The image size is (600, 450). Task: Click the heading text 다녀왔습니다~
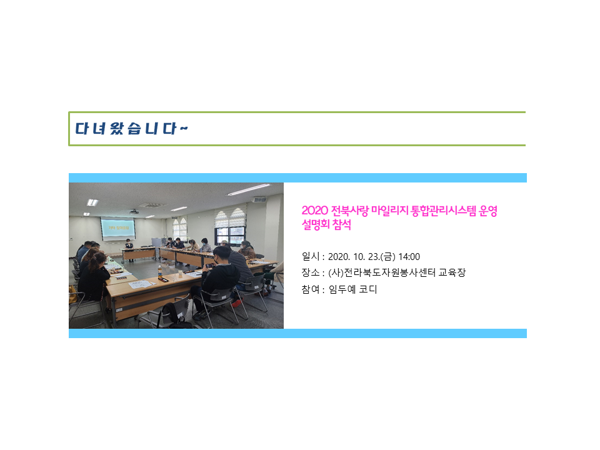pos(131,129)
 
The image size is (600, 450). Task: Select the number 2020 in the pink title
pos(314,211)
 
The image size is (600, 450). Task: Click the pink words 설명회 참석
pos(326,224)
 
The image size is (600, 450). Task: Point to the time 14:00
pos(409,257)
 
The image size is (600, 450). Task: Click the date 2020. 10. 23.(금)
pos(362,257)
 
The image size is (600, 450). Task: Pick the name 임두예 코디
pos(352,289)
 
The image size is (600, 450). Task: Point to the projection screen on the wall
pos(117,229)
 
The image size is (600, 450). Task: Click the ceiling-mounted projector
pos(134,212)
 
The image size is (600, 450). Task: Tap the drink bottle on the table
pos(160,272)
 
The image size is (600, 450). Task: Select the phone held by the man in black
pos(210,265)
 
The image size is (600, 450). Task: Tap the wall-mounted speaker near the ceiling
pos(259,200)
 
